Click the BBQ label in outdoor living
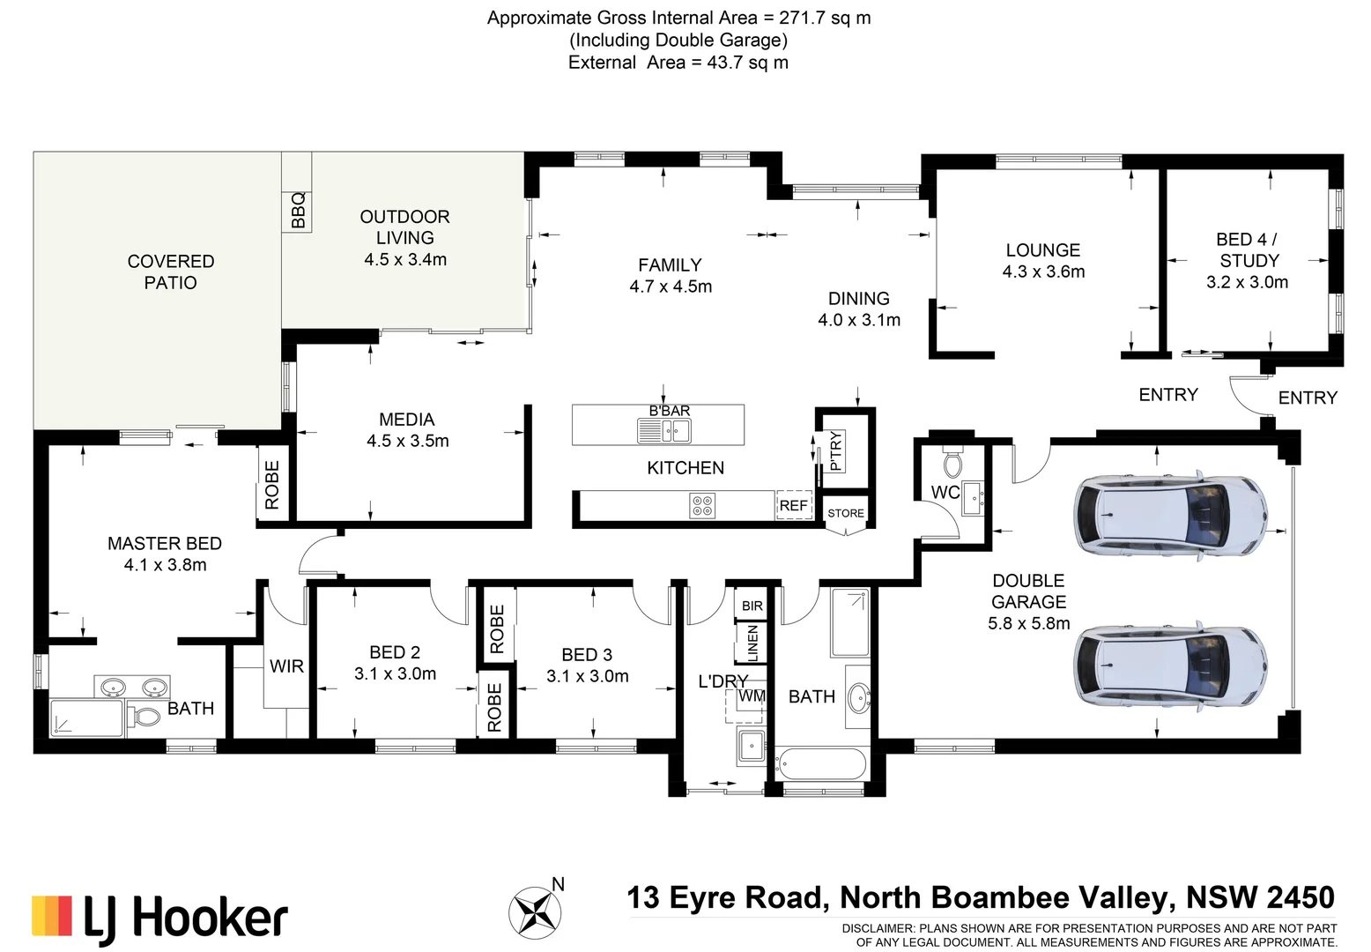[x=298, y=211]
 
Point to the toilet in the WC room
[x=952, y=463]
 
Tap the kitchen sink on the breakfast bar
[x=664, y=431]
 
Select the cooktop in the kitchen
[x=703, y=506]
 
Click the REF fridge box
[x=794, y=505]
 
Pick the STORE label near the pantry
[x=846, y=513]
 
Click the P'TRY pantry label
[x=835, y=450]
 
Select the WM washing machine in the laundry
[x=751, y=696]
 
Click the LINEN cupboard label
[x=752, y=643]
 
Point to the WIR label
[x=286, y=666]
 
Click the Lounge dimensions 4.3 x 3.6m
[x=1043, y=272]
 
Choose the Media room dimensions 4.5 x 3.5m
[x=407, y=441]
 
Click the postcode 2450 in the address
[x=1301, y=897]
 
